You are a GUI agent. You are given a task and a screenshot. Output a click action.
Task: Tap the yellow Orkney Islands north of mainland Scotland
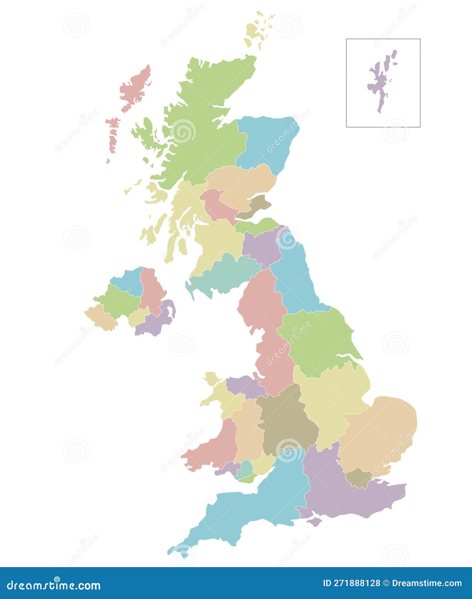point(253,30)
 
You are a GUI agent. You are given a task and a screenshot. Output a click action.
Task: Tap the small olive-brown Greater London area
point(359,478)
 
